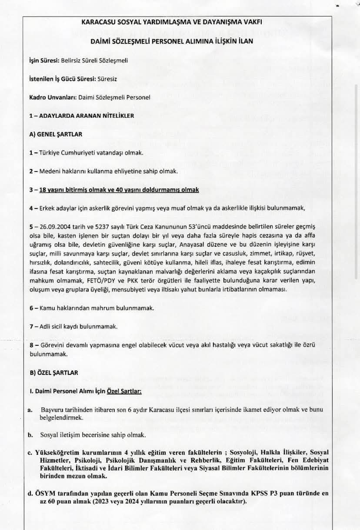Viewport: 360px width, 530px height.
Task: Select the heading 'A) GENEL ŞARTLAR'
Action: point(55,134)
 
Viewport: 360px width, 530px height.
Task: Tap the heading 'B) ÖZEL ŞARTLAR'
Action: point(53,372)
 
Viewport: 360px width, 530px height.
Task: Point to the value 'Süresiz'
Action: point(107,79)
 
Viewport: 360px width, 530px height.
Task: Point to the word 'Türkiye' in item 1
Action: point(50,153)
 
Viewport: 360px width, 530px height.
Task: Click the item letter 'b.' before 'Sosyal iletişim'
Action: point(30,434)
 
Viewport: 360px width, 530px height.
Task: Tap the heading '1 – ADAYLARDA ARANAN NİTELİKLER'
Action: point(81,116)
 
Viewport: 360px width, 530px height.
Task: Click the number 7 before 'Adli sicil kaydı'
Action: point(31,326)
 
